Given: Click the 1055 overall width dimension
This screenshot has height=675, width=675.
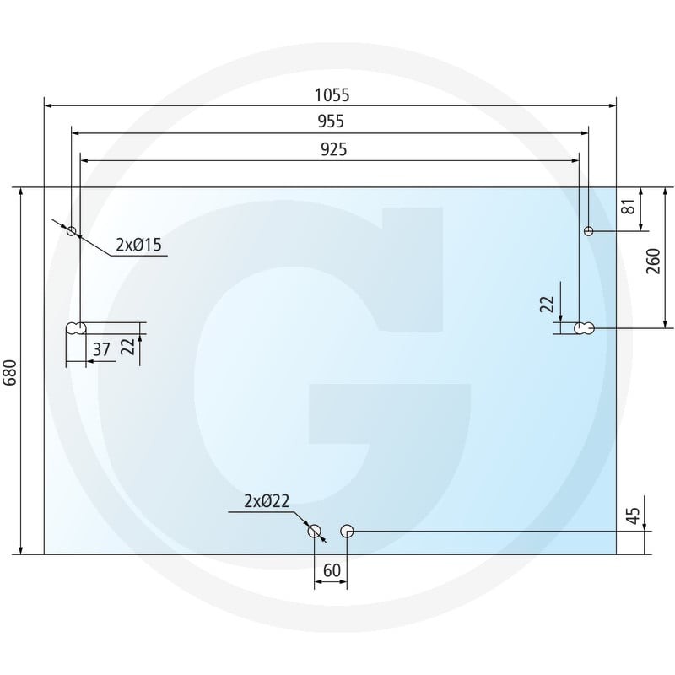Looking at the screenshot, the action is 332,95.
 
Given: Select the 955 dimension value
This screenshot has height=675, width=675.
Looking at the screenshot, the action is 331,121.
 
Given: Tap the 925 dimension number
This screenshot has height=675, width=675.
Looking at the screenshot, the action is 333,149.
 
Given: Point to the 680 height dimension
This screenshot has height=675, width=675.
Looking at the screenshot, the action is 10,373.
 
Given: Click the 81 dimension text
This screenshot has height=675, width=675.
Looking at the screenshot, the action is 629,207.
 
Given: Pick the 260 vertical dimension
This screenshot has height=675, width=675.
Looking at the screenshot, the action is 653,262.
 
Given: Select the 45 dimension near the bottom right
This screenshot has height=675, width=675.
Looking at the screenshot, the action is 633,516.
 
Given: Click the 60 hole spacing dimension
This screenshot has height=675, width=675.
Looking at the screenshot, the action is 332,570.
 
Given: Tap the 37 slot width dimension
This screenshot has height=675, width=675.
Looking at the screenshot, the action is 101,349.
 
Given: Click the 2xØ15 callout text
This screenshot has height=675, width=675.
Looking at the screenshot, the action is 138,245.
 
